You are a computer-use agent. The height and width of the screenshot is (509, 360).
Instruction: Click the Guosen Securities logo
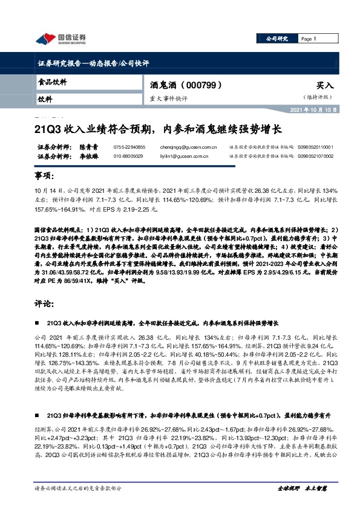(x=61, y=39)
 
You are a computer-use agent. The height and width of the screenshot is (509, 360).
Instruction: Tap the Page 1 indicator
(x=309, y=39)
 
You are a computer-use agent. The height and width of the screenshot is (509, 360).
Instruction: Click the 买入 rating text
(x=324, y=86)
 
